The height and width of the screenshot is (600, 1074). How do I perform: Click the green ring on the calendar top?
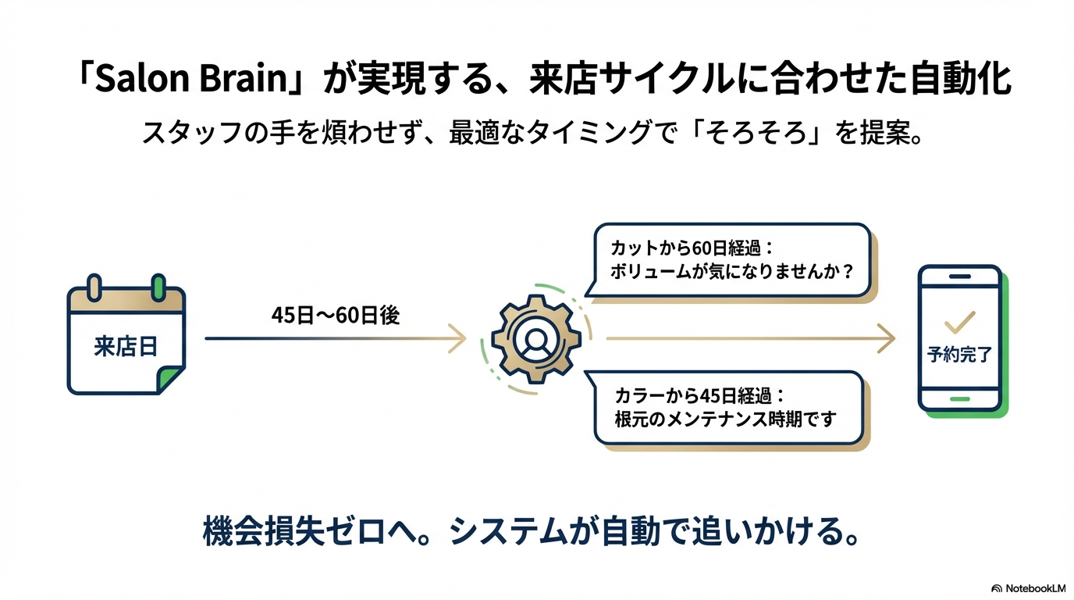coord(159,287)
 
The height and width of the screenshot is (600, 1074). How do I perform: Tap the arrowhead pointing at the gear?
coord(460,339)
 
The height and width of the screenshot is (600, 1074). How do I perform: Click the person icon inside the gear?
coord(535,340)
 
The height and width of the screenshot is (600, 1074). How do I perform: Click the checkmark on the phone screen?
coord(959,321)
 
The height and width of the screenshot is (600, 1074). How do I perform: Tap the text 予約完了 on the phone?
coord(959,355)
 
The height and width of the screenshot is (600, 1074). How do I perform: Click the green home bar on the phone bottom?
coord(959,398)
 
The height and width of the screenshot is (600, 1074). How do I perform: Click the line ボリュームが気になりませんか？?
coord(731,274)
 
